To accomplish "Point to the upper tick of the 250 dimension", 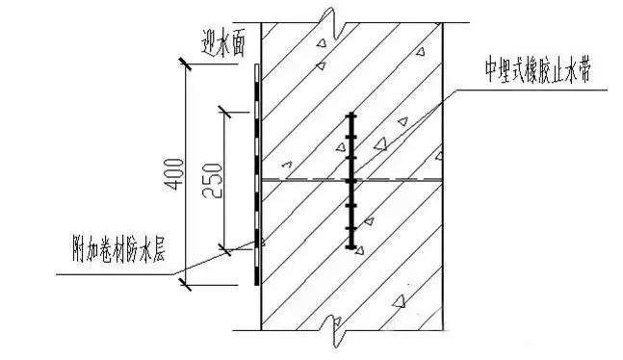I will click(223, 113).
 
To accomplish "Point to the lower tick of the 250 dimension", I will click(223, 248).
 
